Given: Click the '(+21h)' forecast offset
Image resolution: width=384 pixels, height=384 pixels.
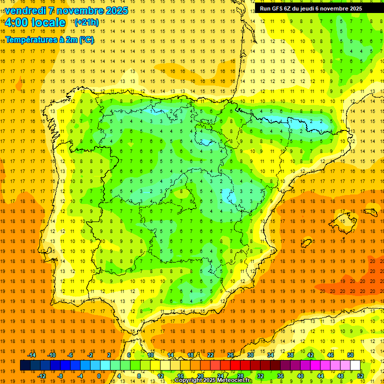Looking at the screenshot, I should point(86,22).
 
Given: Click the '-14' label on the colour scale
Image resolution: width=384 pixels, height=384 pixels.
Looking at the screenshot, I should point(31,355).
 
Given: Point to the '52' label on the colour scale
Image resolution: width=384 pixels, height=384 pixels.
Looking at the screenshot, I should point(360,376).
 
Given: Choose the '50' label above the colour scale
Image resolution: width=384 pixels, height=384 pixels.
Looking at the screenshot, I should point(350,355).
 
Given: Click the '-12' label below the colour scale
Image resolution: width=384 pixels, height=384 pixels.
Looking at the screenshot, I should point(41,376).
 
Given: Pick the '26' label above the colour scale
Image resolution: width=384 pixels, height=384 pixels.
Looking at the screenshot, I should point(230,355).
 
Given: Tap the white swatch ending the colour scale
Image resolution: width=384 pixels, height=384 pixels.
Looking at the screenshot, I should point(355,365).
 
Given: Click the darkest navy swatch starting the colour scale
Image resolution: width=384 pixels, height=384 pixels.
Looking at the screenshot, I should point(25,365).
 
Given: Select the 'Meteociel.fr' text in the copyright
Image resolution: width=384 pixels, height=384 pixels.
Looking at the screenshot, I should point(234,380).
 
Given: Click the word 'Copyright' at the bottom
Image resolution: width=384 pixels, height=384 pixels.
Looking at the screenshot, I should point(188,380).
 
